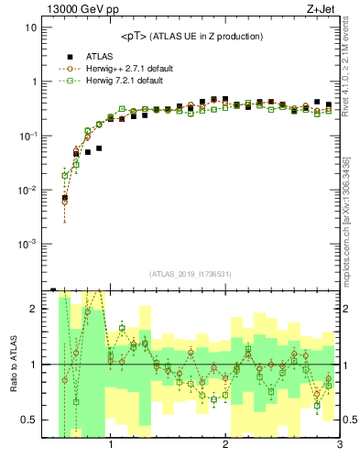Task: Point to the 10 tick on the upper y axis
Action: point(29,27)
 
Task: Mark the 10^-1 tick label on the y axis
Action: point(27,136)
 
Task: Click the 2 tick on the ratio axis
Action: point(32,309)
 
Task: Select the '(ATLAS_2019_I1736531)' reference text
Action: point(191,274)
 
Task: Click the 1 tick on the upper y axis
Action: point(32,82)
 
